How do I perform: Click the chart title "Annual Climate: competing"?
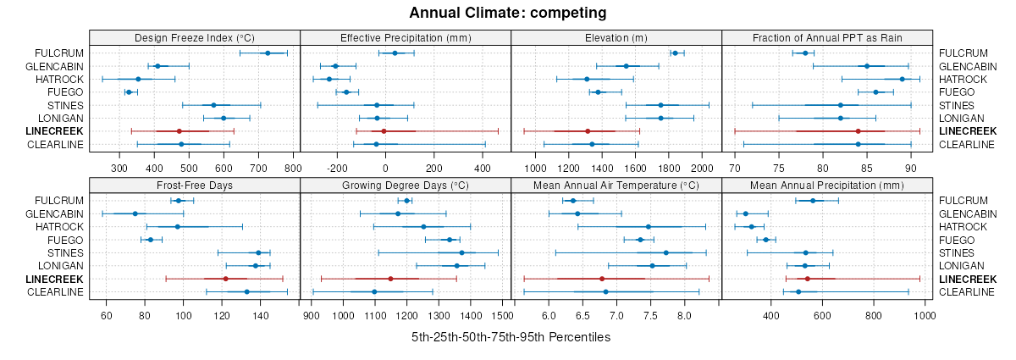[507, 13]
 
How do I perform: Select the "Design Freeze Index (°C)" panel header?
[195, 38]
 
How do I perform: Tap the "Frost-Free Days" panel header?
[195, 185]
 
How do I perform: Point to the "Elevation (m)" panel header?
[616, 38]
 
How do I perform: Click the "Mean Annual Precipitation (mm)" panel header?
[827, 185]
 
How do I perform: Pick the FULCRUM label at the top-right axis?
[964, 53]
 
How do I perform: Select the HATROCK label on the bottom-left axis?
[60, 227]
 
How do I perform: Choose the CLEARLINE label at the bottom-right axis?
[968, 292]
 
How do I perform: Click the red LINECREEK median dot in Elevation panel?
[588, 131]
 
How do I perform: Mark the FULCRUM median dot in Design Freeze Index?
[268, 53]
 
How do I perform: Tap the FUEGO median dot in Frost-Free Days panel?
[151, 240]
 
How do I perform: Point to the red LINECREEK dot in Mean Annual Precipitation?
[808, 279]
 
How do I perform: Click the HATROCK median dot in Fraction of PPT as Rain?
[902, 79]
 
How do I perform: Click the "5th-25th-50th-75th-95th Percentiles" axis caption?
[511, 337]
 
